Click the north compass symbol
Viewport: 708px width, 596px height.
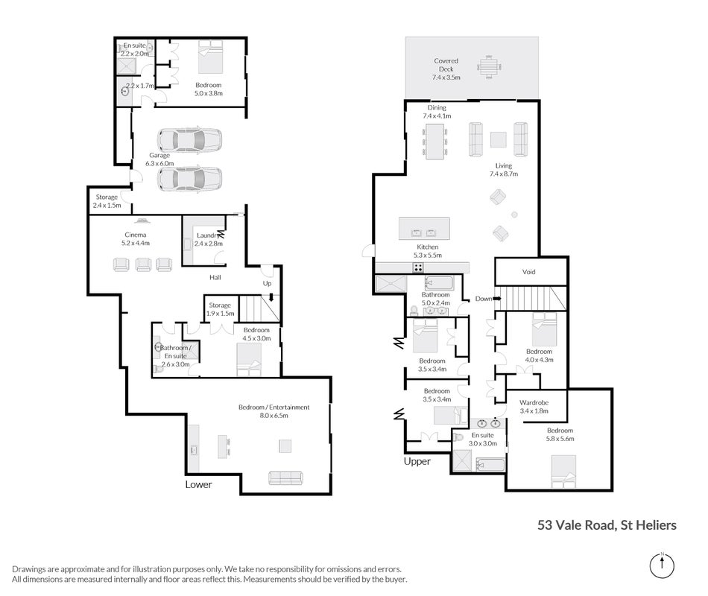point(662,565)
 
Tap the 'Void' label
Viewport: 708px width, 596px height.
point(528,272)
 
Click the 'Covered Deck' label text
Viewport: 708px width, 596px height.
point(446,65)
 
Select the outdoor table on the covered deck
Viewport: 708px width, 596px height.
point(489,67)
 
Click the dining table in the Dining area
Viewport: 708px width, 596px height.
point(435,141)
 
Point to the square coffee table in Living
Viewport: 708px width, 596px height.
point(498,139)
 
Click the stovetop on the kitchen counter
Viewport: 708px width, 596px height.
point(418,267)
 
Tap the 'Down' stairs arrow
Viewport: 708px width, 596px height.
point(497,299)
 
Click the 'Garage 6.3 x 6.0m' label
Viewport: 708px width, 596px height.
point(159,159)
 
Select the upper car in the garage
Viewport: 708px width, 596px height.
point(189,139)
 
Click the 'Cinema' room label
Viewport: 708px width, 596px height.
point(136,235)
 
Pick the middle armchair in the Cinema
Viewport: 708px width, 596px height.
point(143,264)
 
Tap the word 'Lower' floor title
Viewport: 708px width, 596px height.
point(198,484)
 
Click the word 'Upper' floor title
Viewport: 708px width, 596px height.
point(417,461)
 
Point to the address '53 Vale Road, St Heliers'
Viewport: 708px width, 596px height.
point(607,525)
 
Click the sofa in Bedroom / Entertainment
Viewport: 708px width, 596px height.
point(285,478)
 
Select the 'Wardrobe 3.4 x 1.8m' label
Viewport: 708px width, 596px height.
point(534,406)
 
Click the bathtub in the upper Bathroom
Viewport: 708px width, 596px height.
point(438,283)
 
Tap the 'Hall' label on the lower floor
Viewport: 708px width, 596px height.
point(215,277)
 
